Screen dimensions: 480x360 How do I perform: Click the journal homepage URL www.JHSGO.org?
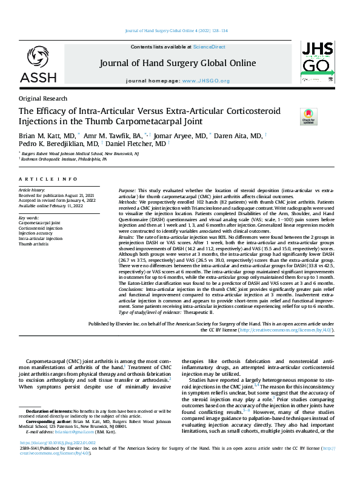click(x=205, y=81)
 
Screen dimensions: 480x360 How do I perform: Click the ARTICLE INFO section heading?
click(x=48, y=179)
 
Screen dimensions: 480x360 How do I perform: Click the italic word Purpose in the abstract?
click(x=128, y=190)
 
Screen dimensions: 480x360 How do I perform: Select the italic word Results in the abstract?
click(x=127, y=236)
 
